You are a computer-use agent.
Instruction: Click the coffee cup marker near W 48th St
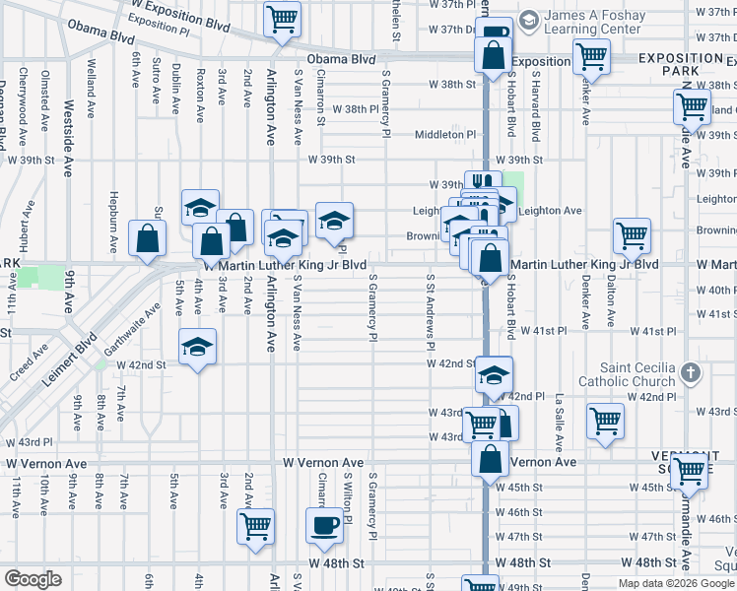[x=323, y=525]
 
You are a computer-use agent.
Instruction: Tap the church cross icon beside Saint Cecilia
[x=691, y=372]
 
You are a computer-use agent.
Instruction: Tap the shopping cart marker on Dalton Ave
[x=632, y=235]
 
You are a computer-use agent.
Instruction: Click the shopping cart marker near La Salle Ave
[x=605, y=420]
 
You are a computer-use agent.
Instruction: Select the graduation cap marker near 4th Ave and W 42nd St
[x=198, y=346]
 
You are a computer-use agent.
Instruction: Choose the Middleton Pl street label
[x=444, y=134]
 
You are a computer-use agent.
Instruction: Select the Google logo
[x=33, y=579]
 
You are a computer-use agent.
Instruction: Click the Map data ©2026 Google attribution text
[x=676, y=583]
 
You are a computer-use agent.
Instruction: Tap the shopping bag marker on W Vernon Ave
[x=490, y=458]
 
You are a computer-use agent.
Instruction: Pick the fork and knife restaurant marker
[x=482, y=182]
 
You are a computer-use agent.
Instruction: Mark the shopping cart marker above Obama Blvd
[x=283, y=19]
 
